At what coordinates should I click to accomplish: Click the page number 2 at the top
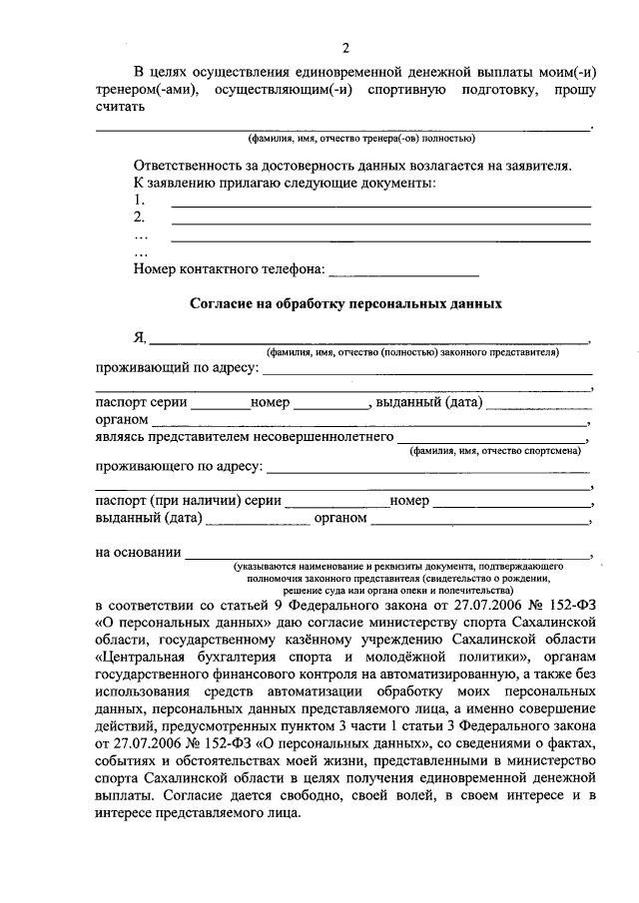tap(345, 48)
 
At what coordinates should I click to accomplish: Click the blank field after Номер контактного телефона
tap(403, 269)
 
